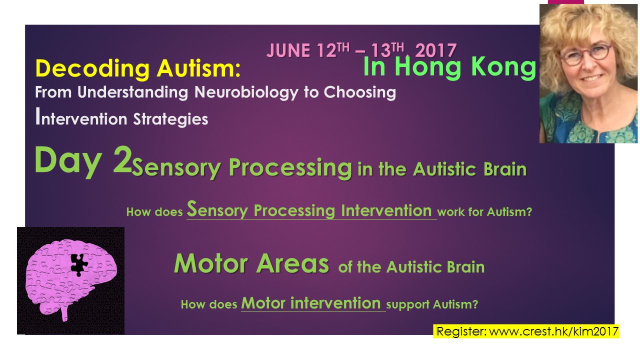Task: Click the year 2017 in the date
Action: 436,51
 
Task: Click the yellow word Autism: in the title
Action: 199,68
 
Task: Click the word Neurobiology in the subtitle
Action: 246,93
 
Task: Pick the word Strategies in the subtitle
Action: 170,119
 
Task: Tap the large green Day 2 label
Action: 83,161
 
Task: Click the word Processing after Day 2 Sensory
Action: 290,168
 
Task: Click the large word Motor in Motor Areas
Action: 211,263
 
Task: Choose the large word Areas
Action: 292,263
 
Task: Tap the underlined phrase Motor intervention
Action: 311,303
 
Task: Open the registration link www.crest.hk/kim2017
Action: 553,331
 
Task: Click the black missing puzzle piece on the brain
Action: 79,264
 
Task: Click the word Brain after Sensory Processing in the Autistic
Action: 505,169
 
